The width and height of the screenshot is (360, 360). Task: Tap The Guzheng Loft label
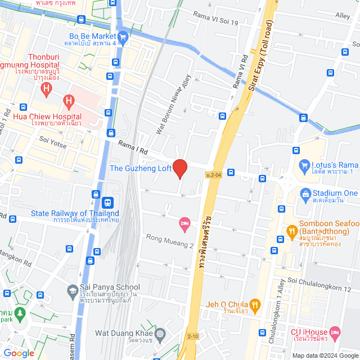(x=139, y=168)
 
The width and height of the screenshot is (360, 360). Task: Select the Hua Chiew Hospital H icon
(x=69, y=102)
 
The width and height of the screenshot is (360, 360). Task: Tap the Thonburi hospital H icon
(x=47, y=88)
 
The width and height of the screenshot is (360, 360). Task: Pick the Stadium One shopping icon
(x=305, y=193)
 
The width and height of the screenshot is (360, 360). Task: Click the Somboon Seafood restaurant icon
(x=291, y=230)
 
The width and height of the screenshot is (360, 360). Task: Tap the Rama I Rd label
(x=133, y=148)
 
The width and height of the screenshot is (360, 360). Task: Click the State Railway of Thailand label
(x=75, y=214)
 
